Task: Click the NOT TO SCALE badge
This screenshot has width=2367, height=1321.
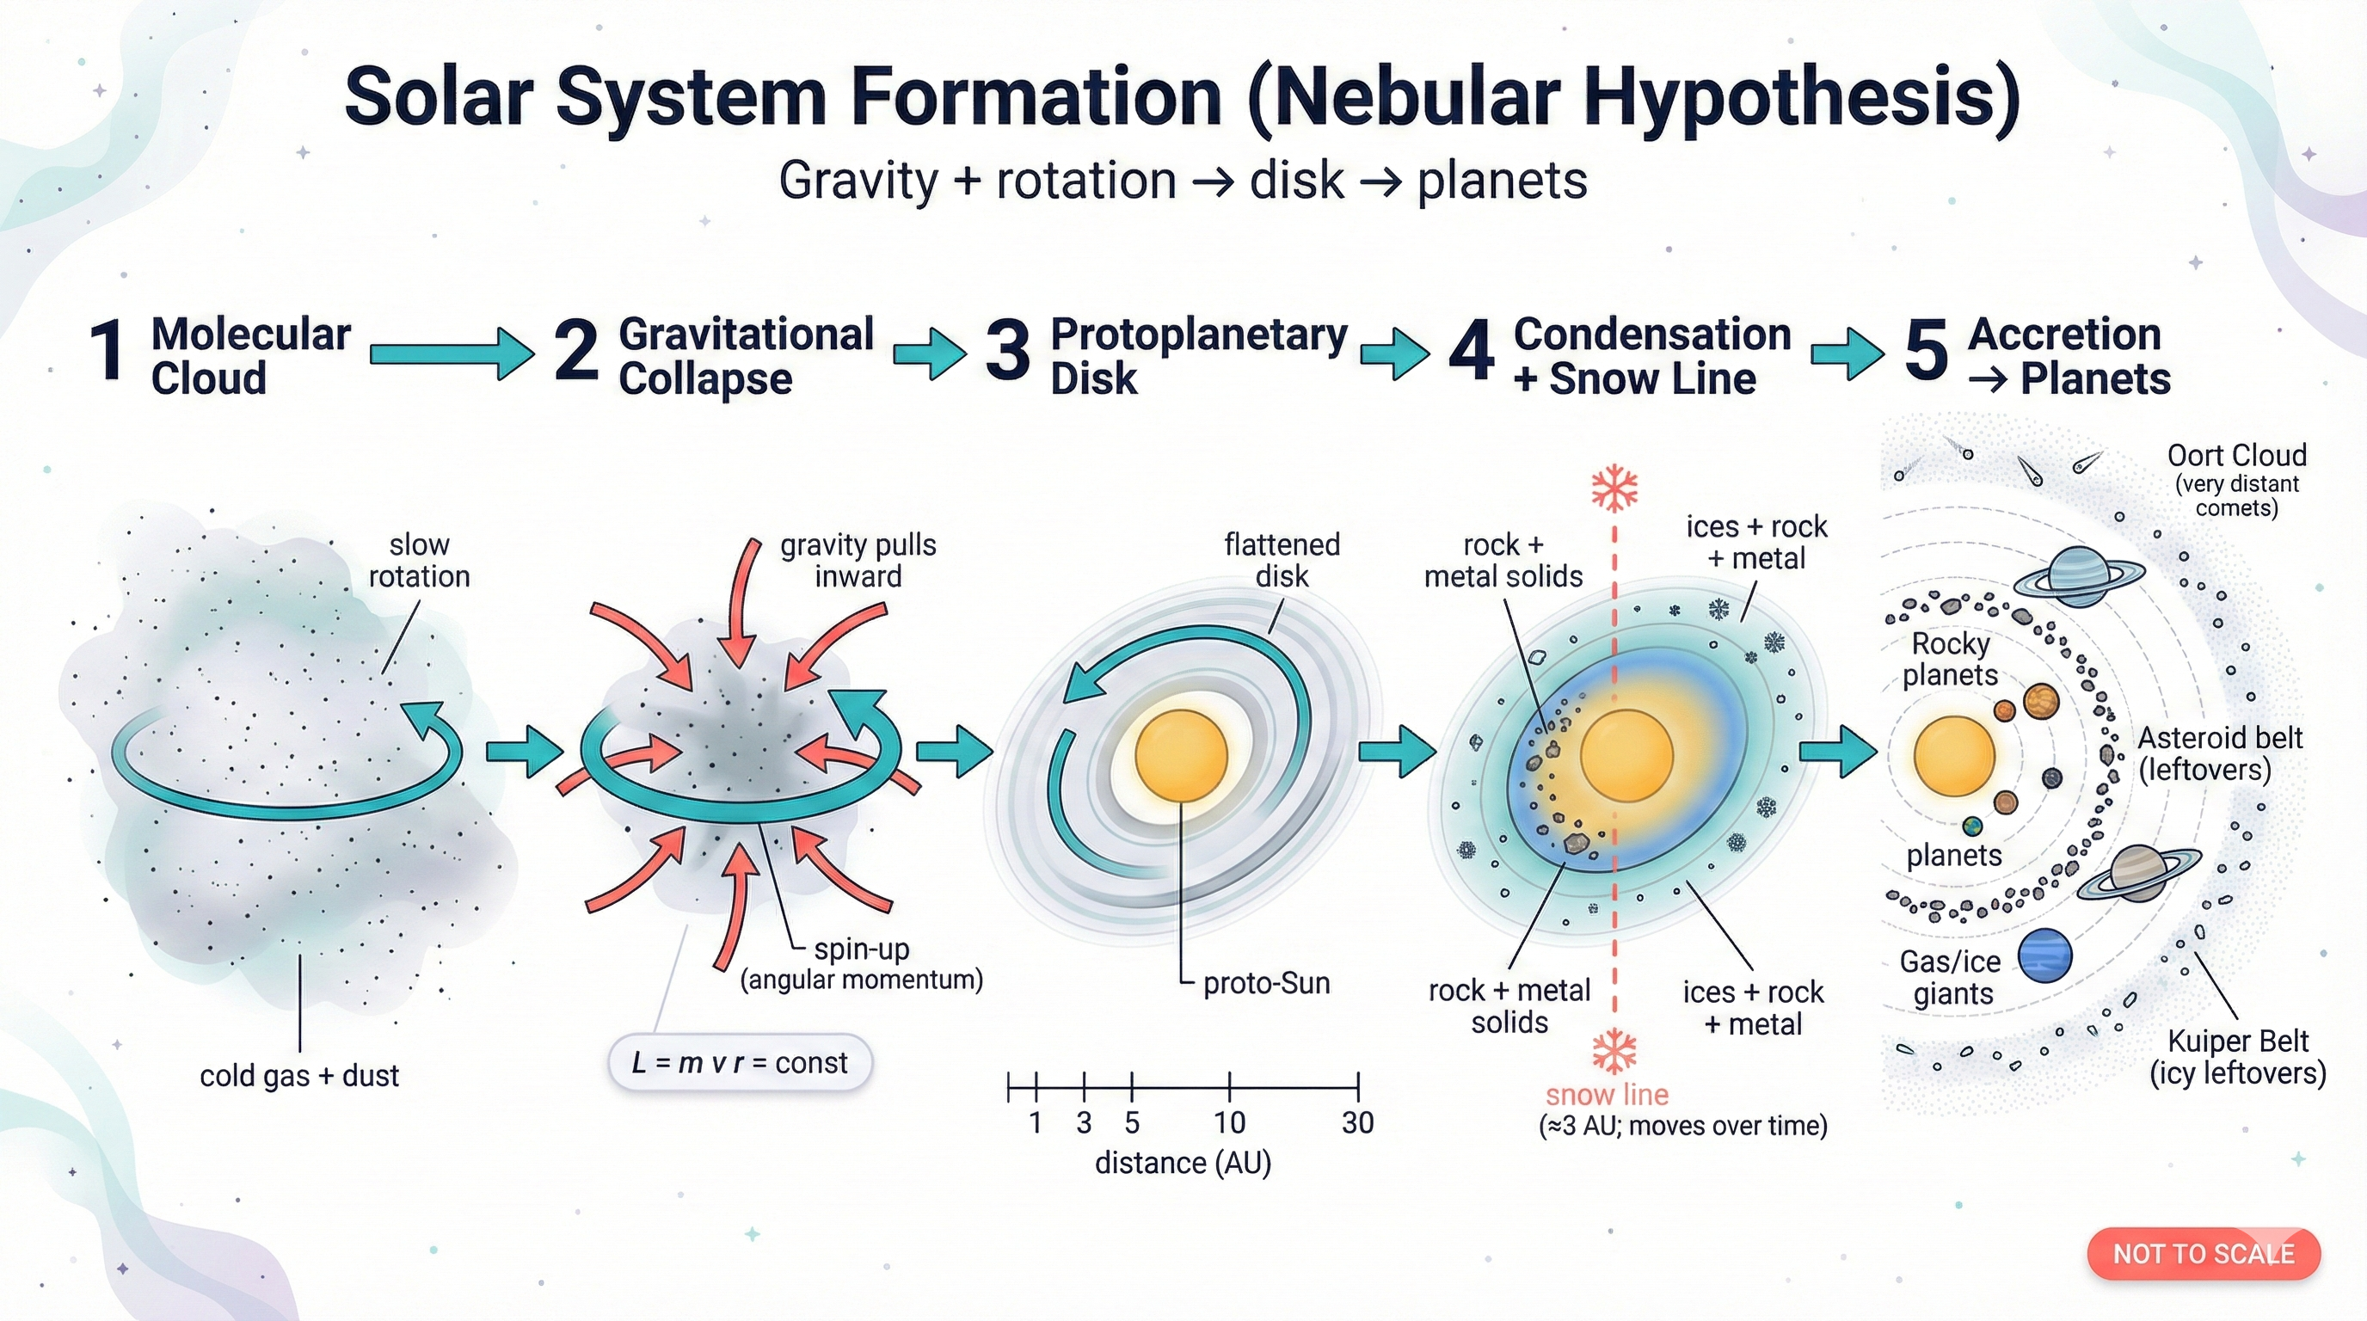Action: click(2203, 1254)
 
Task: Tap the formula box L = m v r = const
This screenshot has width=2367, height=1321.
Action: click(740, 1063)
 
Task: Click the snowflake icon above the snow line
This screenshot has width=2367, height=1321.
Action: click(1614, 488)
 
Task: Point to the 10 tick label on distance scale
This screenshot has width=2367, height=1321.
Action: click(1229, 1122)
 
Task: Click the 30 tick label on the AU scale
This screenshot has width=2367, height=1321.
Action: click(1357, 1122)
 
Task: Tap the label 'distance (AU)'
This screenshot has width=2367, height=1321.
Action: click(1183, 1163)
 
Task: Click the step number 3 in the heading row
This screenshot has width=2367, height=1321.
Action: click(1007, 352)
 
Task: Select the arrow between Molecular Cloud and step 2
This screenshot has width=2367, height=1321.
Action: click(450, 353)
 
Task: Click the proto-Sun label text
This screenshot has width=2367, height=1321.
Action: click(1266, 984)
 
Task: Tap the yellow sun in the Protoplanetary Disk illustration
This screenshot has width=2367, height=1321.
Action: click(1181, 755)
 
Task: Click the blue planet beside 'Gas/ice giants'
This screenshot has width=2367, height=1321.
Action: click(2045, 955)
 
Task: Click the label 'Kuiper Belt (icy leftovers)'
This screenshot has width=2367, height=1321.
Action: click(2237, 1057)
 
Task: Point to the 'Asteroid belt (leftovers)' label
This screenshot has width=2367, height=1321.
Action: click(2219, 753)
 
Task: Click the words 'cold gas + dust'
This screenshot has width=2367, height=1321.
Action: click(299, 1076)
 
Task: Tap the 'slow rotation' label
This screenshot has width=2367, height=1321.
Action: click(419, 561)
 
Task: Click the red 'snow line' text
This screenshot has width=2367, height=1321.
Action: click(1606, 1095)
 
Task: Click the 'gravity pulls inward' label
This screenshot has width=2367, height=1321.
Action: click(858, 561)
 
